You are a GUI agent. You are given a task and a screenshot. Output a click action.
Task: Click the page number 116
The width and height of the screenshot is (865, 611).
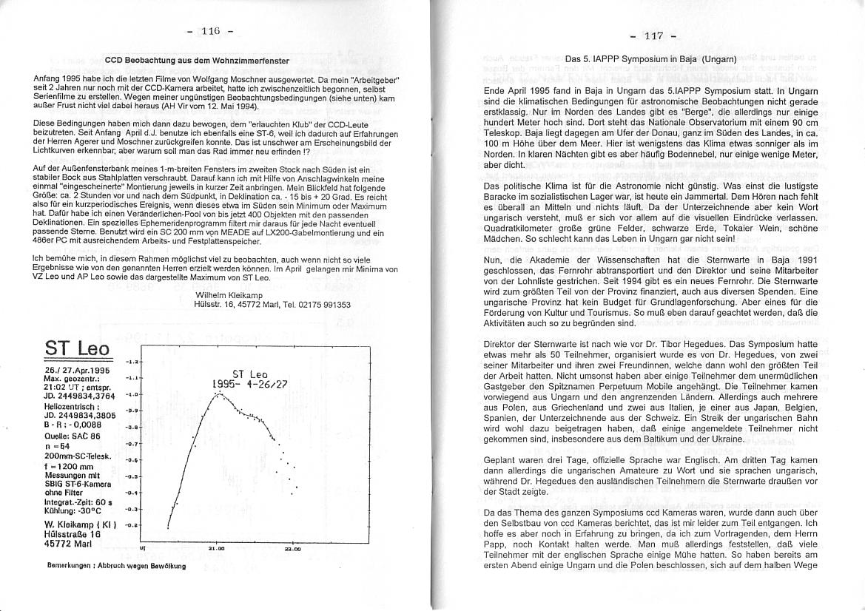point(210,31)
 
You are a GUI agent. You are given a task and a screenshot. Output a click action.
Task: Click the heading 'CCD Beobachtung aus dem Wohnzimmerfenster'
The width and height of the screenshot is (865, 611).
point(196,60)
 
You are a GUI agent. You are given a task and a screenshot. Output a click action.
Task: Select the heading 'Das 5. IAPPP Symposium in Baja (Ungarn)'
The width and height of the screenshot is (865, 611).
point(650,58)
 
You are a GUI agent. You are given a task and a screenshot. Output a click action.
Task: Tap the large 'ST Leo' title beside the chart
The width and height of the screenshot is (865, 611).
point(77,348)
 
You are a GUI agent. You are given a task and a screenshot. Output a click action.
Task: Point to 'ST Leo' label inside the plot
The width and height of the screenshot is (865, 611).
point(250,374)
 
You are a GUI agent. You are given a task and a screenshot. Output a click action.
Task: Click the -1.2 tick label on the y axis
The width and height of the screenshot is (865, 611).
point(131,362)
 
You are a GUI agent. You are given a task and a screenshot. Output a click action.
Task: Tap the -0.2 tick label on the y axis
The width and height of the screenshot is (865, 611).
point(131,524)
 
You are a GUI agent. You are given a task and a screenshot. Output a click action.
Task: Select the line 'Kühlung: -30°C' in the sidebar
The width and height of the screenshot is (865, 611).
point(72,510)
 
